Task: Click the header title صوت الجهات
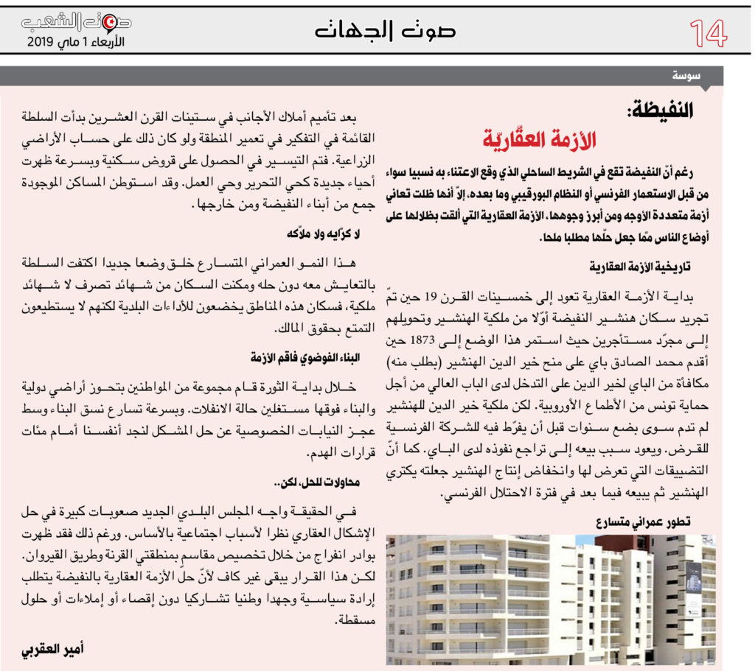(385, 30)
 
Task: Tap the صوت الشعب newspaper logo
(77, 23)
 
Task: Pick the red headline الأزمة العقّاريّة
(540, 139)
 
